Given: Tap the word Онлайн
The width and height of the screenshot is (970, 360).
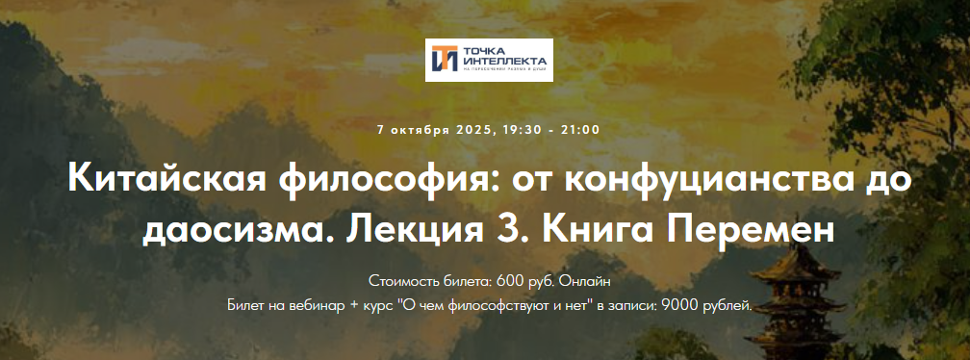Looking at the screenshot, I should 586,282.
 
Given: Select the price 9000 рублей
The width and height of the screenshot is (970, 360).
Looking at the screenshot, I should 711,305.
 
